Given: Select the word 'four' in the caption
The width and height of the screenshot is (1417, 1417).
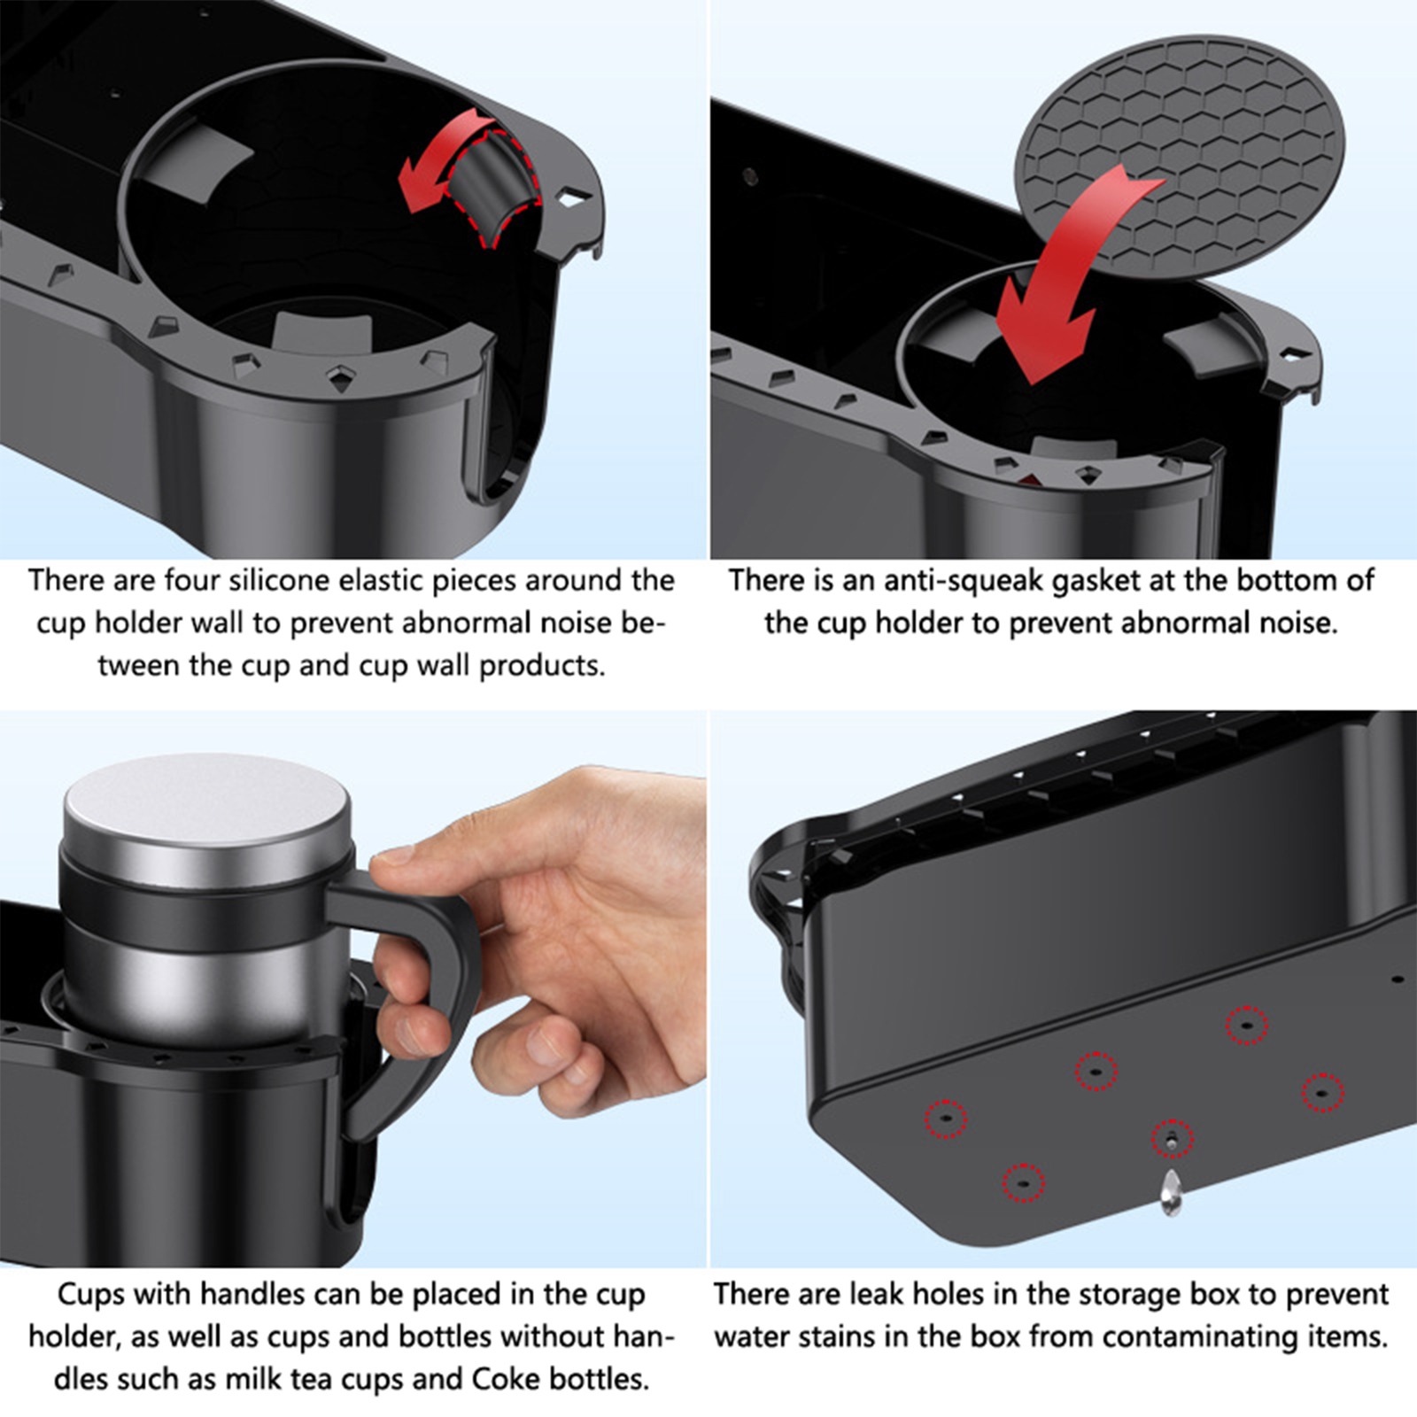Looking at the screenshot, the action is [x=193, y=581].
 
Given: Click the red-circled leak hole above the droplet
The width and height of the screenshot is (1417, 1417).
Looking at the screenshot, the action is [x=1172, y=1139].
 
